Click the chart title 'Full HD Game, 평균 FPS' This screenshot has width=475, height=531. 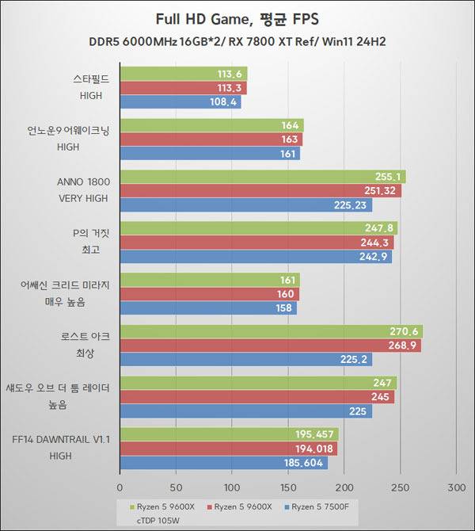(237, 17)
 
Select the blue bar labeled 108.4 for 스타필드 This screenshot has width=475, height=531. (180, 102)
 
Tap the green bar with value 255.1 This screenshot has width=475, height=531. (263, 177)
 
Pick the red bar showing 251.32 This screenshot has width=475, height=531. (260, 191)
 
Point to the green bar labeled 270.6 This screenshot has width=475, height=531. (272, 331)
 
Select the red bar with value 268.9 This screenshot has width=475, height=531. (270, 346)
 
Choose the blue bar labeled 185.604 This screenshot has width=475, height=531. (224, 462)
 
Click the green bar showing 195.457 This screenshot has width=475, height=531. (230, 434)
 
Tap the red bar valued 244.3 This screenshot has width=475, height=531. (256, 243)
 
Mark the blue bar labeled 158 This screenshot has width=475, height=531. (208, 308)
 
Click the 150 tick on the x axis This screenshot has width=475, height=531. (288, 487)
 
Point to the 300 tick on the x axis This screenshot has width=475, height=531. (456, 487)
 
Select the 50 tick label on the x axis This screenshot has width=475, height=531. (176, 487)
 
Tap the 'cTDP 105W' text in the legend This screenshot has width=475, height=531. (158, 521)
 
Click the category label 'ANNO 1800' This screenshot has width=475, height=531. (84, 181)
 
